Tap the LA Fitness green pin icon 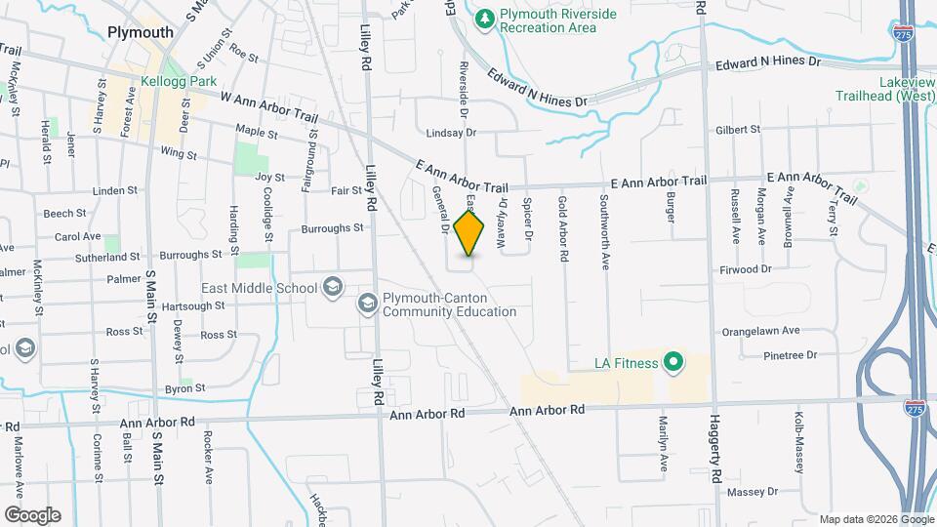(672, 363)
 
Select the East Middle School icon (333, 288)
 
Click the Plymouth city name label (141, 32)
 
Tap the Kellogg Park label (178, 82)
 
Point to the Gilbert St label (738, 129)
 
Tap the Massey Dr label (752, 491)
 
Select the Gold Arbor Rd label (563, 229)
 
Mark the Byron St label (184, 387)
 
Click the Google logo (32, 514)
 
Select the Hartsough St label (192, 305)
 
